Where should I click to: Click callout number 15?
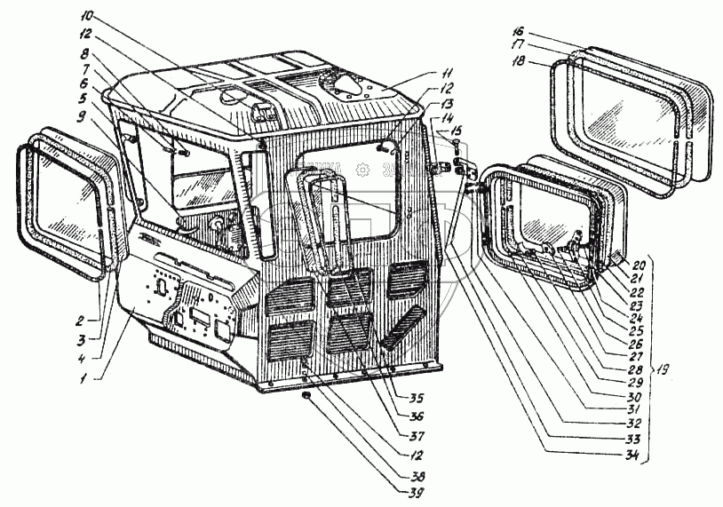pyautogui.click(x=456, y=131)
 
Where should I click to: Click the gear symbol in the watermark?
pyautogui.click(x=362, y=170)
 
